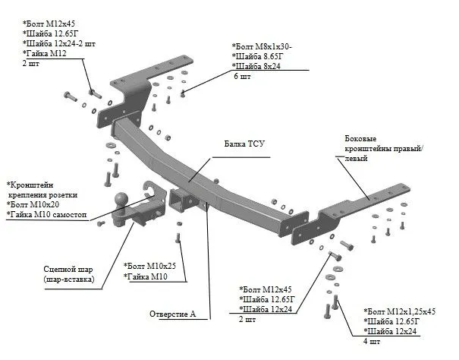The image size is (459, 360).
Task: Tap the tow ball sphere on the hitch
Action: point(123,199)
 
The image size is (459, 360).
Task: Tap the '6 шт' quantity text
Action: point(242,77)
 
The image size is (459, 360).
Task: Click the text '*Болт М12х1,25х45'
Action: point(401,311)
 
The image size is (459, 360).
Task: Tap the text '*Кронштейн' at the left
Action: point(31,185)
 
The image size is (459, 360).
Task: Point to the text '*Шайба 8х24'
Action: point(259,67)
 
